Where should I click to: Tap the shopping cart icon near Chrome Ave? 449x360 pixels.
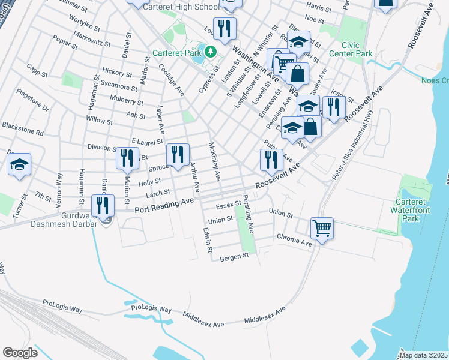pyautogui.click(x=322, y=229)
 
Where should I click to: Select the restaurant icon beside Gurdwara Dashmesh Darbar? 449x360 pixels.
pyautogui.click(x=103, y=206)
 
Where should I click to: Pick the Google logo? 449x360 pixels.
pyautogui.click(x=20, y=352)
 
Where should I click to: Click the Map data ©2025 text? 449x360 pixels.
pyautogui.click(x=423, y=355)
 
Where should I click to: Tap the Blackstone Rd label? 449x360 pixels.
pyautogui.click(x=22, y=128)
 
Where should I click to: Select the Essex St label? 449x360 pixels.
pyautogui.click(x=228, y=205)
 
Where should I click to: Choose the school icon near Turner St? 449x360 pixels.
pyautogui.click(x=19, y=164)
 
